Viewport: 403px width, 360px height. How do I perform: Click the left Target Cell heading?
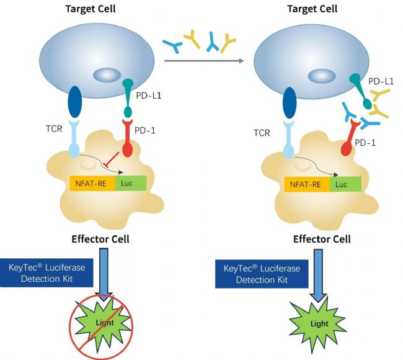(91, 9)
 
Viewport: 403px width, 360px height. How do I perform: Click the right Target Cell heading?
(312, 9)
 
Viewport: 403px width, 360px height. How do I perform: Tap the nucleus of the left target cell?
(107, 75)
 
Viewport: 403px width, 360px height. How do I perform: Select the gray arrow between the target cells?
(204, 61)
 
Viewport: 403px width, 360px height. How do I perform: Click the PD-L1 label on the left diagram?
(149, 96)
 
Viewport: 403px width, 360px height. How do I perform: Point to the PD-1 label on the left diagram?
(145, 130)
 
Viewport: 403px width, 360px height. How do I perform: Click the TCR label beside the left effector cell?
(54, 128)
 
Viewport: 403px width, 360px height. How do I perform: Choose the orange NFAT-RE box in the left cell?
(92, 183)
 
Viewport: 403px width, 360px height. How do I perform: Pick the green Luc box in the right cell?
(345, 184)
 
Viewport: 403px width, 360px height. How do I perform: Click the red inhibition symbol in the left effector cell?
(111, 160)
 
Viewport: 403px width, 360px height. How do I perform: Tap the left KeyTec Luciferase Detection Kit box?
(46, 272)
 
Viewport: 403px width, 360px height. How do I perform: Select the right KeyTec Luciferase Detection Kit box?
(262, 274)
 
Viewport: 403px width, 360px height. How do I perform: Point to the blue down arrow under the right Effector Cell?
(318, 276)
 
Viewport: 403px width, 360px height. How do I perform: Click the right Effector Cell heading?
(322, 239)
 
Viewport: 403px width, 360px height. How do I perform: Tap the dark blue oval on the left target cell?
(74, 102)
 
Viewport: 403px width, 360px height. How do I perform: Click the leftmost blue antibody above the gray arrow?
(173, 45)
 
